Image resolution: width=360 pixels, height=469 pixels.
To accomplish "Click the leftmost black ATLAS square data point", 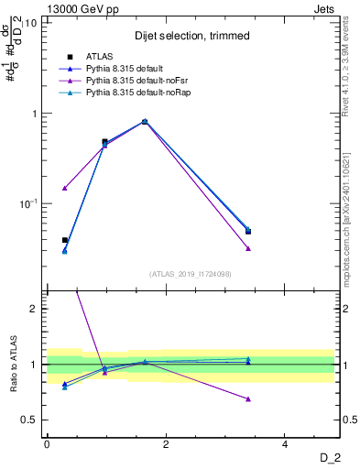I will [x=65, y=240].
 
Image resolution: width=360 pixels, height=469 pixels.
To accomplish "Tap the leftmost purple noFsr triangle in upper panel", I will [x=65, y=188].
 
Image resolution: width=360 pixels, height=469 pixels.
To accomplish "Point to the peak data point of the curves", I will [x=145, y=121].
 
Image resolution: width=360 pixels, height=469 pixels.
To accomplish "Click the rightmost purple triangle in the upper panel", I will [x=248, y=248].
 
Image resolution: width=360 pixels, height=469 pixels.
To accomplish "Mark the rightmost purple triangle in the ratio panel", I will [x=248, y=398].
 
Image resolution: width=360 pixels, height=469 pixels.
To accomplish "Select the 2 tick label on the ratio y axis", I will [x=34, y=309].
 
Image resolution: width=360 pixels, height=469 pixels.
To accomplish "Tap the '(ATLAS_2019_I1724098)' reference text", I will [x=191, y=273].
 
